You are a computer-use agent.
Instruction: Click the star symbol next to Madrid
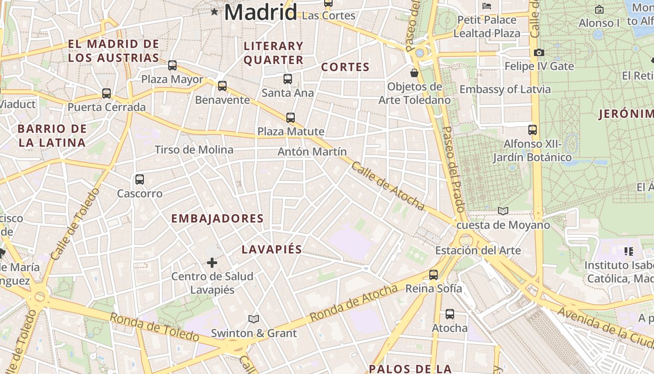click(x=214, y=12)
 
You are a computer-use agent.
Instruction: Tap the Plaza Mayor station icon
click(x=172, y=65)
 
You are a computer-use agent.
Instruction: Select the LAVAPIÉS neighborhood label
click(x=271, y=250)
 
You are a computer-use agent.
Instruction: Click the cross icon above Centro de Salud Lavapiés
click(x=212, y=263)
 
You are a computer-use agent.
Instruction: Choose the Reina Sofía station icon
click(x=434, y=275)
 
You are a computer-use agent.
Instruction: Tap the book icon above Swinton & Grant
click(x=254, y=319)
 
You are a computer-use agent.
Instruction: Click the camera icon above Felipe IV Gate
click(x=539, y=53)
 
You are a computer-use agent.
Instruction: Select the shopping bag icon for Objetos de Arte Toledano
click(x=414, y=73)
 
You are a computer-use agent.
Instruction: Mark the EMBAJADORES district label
click(x=217, y=218)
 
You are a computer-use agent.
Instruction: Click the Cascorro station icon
click(x=139, y=180)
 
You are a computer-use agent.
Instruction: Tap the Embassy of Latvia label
click(x=505, y=89)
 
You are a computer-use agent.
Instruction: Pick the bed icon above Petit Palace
click(x=487, y=6)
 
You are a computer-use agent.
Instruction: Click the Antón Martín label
click(x=312, y=152)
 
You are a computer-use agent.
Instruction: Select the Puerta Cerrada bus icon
click(x=107, y=93)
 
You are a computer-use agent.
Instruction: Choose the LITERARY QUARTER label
click(x=273, y=53)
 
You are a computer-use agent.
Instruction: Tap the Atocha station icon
click(x=449, y=314)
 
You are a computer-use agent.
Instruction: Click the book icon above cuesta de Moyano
click(x=503, y=211)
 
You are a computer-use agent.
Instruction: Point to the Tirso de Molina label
click(x=194, y=150)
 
